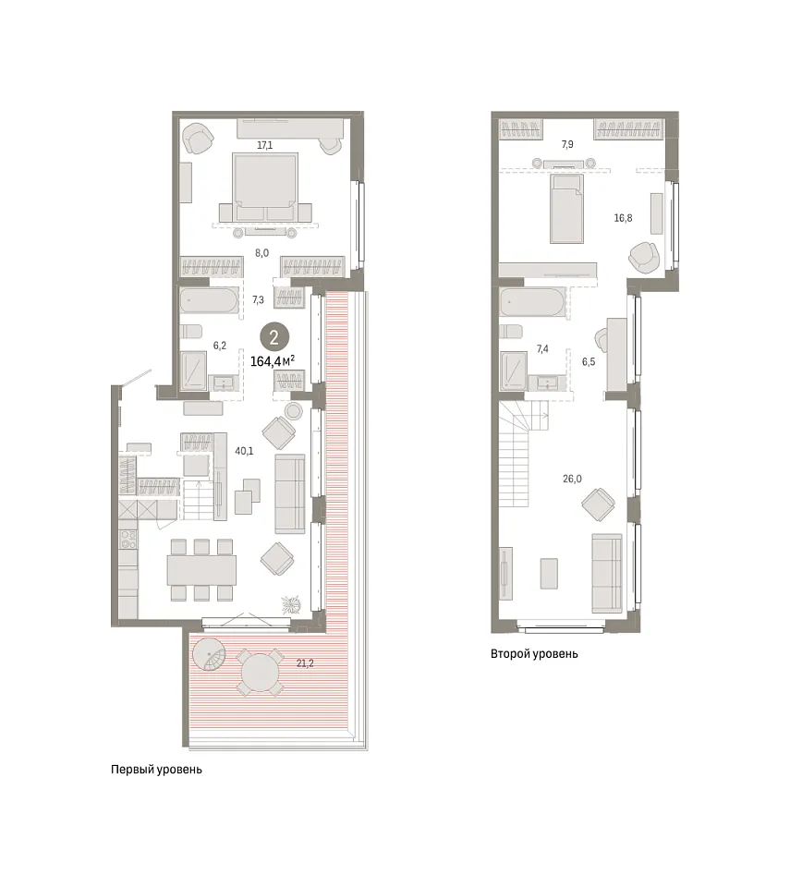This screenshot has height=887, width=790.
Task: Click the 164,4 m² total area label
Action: [273, 361]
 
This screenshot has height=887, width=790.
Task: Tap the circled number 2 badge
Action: [274, 338]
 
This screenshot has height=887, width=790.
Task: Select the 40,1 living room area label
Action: [244, 451]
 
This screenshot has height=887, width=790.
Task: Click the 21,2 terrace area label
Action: [305, 663]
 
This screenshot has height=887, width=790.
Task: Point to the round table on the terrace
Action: [260, 674]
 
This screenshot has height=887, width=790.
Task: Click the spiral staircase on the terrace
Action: [209, 654]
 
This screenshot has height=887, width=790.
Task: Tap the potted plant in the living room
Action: [292, 604]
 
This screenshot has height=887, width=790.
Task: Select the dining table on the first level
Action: [201, 570]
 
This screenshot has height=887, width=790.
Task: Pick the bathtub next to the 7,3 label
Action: [210, 300]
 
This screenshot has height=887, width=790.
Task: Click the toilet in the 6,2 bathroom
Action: [190, 332]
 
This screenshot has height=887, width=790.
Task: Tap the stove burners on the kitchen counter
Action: [128, 540]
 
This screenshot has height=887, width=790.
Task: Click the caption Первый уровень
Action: [156, 770]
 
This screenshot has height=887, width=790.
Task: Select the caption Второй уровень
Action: [534, 654]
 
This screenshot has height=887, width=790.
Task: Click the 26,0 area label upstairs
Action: [572, 479]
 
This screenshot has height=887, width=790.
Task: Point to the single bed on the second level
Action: [566, 209]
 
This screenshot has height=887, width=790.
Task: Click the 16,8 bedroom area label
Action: [623, 218]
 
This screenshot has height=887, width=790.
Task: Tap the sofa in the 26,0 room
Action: [607, 573]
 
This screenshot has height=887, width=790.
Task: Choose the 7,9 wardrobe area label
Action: [567, 144]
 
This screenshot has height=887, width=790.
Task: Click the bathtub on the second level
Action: [532, 301]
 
